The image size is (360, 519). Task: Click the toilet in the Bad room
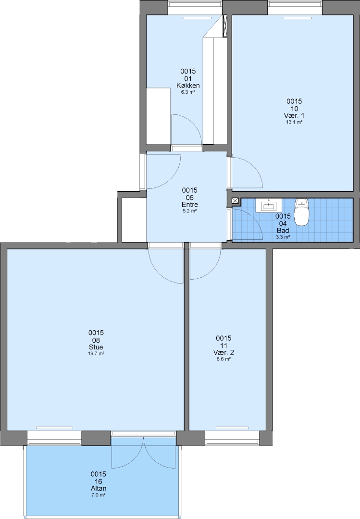[x=301, y=212]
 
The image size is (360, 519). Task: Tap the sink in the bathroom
[x=269, y=206]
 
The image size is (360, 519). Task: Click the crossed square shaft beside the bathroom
[x=235, y=200]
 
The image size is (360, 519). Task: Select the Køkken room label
[x=188, y=86]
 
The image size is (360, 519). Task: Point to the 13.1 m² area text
[x=294, y=122]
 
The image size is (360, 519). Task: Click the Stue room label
[x=96, y=347]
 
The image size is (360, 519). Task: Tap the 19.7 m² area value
[x=96, y=354]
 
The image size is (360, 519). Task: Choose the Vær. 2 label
[x=223, y=353]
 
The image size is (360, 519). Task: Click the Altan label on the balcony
[x=99, y=489]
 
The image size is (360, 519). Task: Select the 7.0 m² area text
[x=99, y=495]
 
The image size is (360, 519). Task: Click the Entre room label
[x=189, y=205]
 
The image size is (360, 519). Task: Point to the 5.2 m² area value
[x=189, y=211]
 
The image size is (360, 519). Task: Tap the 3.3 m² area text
[x=283, y=237]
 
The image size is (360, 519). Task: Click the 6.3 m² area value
[x=188, y=92]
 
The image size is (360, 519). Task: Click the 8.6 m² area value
[x=223, y=359]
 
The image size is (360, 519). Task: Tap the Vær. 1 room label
[x=294, y=115]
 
